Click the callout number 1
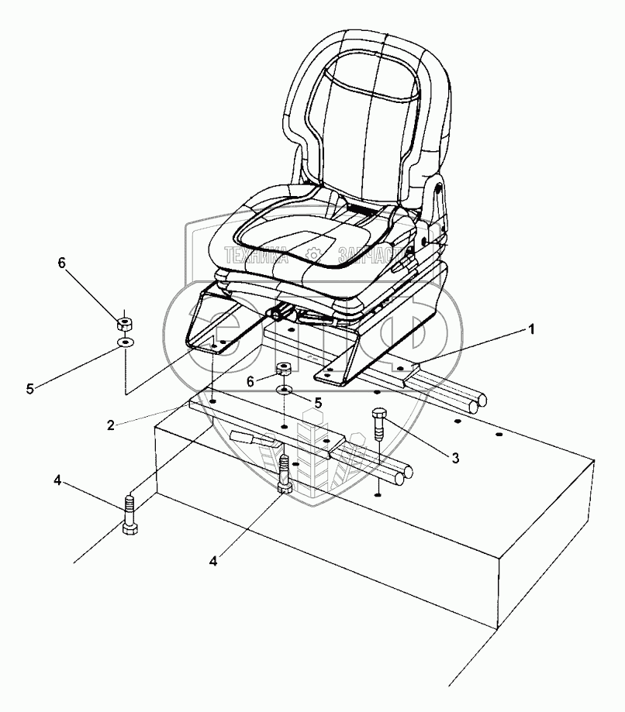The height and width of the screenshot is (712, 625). point(530,329)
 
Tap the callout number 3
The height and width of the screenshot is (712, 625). point(455,457)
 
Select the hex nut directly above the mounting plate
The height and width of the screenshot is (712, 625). point(285,368)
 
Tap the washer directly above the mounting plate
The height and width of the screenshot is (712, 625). point(285,389)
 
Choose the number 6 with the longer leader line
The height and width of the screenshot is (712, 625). point(63,263)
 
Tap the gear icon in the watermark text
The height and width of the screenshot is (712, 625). point(313,253)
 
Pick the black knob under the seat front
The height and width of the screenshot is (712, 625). point(278,314)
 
